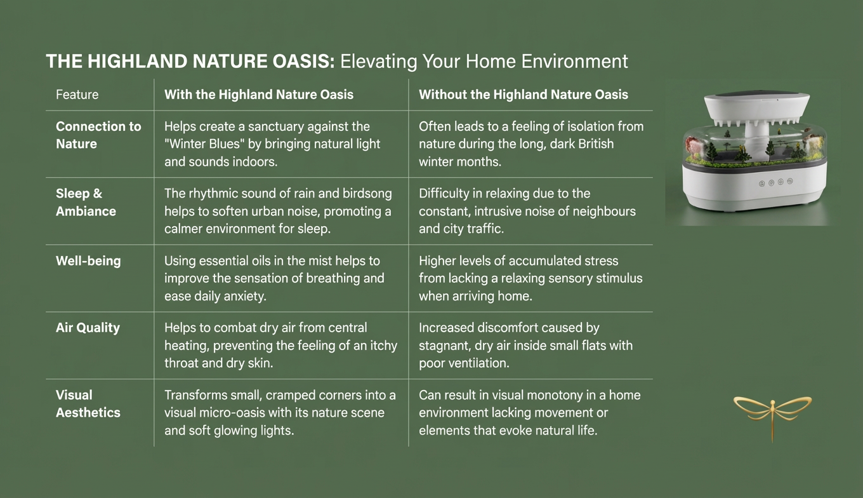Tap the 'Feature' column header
click(x=77, y=95)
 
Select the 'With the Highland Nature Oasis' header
click(x=259, y=95)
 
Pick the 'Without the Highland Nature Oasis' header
click(x=524, y=95)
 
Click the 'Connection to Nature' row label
click(x=98, y=135)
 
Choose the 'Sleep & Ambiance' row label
click(x=86, y=202)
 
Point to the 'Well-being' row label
click(x=88, y=261)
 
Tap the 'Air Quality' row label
click(x=88, y=328)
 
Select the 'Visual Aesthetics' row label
click(x=88, y=403)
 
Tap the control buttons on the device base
click(x=775, y=182)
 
